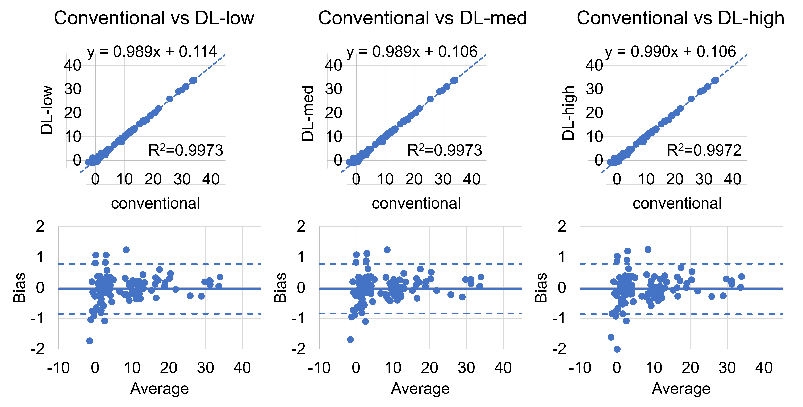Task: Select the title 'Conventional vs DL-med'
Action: [422, 18]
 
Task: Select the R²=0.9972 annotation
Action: [704, 150]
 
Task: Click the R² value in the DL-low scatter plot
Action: [186, 150]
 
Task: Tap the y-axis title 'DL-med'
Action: [307, 114]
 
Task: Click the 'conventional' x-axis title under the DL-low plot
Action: [155, 203]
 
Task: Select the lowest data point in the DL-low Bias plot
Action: [90, 341]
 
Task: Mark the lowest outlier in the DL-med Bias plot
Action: [350, 339]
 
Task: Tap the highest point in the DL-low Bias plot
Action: [126, 250]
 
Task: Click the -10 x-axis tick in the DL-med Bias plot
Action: [319, 368]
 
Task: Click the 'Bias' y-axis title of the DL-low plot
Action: [19, 288]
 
